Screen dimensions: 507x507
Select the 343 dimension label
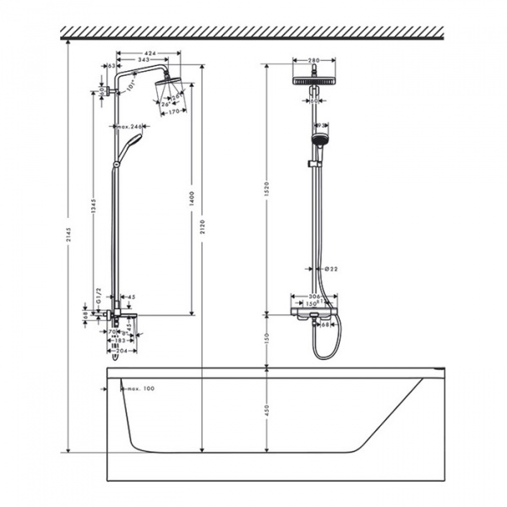tap(144, 60)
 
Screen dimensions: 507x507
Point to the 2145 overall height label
tap(69, 245)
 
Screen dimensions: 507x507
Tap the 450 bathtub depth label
tap(266, 410)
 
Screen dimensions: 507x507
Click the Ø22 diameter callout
tap(332, 269)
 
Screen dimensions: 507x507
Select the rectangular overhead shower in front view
tap(316, 81)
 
